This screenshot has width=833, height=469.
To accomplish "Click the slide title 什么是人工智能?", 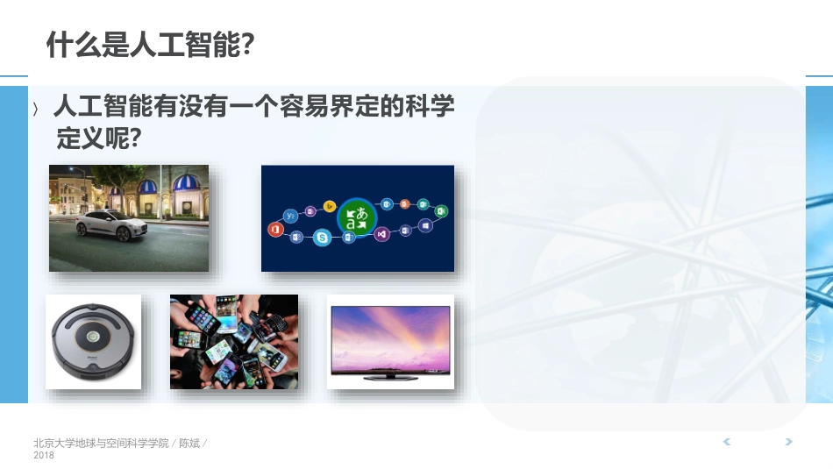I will point(150,44).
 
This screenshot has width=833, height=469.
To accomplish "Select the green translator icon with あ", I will point(357,217).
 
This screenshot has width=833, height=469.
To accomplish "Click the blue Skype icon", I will point(323,238).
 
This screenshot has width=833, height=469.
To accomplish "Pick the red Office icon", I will point(274,229).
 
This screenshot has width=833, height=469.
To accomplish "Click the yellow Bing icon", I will point(330,206).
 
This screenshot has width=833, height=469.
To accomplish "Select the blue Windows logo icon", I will point(426,225).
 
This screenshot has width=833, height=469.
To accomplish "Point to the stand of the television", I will point(390,377).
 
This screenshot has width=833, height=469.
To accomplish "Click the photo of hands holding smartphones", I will point(233,341).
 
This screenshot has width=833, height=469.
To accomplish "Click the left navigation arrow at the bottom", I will point(726,442).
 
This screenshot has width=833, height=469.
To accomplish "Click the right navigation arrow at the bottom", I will point(789,442).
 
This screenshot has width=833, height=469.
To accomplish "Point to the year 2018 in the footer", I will point(44,455).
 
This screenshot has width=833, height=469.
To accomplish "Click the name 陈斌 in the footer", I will point(189,443).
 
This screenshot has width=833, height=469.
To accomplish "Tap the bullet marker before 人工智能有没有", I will point(35,109).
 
